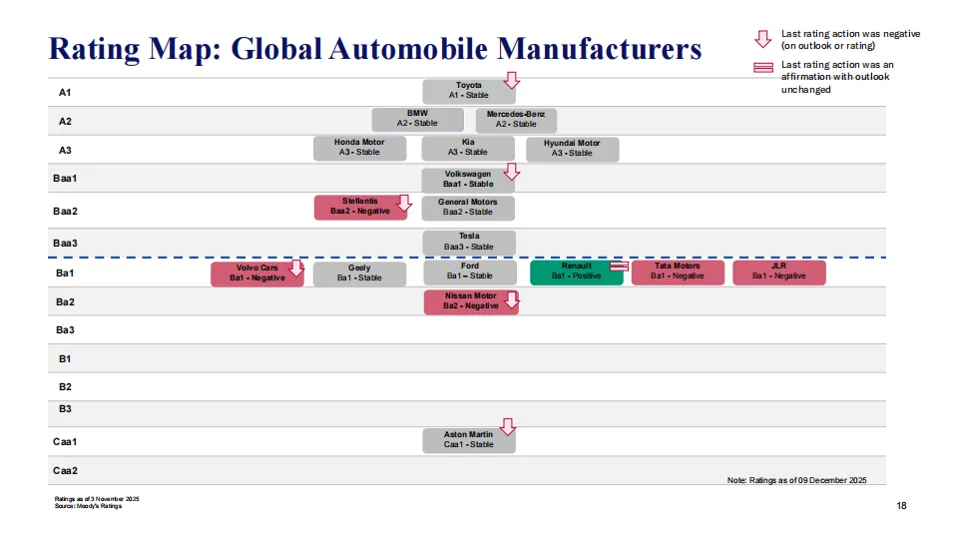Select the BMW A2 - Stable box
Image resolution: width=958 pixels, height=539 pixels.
[x=417, y=119]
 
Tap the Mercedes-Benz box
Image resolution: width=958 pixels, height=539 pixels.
[x=516, y=120]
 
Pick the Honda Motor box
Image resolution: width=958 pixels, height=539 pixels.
[x=358, y=148]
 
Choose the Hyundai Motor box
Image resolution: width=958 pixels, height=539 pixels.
[x=572, y=149]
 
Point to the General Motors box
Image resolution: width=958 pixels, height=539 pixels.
[x=467, y=208]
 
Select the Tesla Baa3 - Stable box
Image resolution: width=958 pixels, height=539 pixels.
[x=468, y=243]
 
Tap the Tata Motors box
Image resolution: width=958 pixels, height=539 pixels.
[x=678, y=271]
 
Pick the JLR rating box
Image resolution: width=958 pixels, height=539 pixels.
[x=778, y=271]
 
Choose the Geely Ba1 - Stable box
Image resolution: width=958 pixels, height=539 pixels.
[x=359, y=273]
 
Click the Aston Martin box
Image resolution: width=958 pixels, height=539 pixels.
[x=468, y=440]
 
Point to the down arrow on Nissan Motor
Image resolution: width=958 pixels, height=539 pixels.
[x=512, y=299]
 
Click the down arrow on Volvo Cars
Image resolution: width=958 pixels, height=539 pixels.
[x=296, y=268]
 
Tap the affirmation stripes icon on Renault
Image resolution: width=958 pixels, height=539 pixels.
[x=619, y=267]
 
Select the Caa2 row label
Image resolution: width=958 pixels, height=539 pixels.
[x=65, y=470]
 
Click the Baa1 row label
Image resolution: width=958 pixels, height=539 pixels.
[x=65, y=179]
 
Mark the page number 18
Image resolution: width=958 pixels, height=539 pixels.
[x=901, y=507]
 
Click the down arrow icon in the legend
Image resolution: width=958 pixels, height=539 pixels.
[x=763, y=39]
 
